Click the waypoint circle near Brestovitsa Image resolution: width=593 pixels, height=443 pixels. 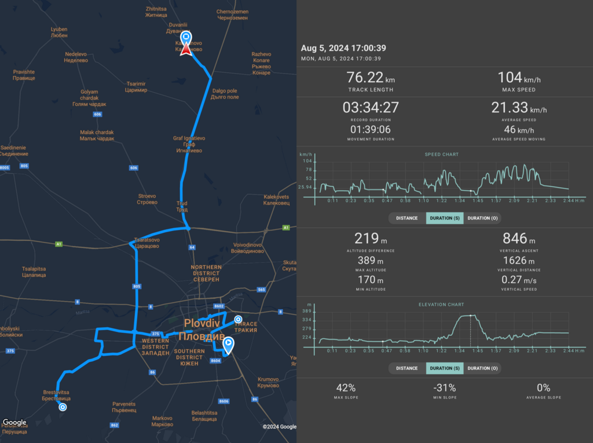63,407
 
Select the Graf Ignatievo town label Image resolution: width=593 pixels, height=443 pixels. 189,144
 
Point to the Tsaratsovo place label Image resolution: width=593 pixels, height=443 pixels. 147,242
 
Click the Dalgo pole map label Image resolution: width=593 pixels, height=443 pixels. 225,94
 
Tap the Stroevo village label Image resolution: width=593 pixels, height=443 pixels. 147,199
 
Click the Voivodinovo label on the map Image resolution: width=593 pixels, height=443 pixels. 248,248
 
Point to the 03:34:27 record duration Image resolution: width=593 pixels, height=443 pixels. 371,108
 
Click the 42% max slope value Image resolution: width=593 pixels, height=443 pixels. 346,388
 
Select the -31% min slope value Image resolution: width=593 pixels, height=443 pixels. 445,388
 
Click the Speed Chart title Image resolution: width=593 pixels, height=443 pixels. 442,155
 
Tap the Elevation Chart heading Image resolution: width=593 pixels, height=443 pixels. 441,305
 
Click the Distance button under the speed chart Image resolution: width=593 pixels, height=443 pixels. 407,218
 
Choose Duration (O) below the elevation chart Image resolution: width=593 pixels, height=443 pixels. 482,368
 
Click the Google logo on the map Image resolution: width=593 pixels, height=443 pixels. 14,423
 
